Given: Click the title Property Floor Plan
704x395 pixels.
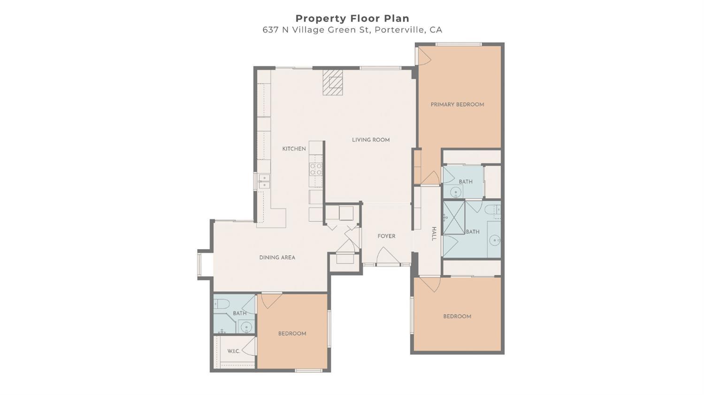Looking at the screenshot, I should coord(352,18).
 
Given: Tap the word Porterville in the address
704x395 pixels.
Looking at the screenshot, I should coord(399,30).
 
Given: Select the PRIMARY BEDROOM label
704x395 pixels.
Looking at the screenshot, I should coord(457,105).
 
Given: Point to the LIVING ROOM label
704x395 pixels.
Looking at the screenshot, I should coord(371,140).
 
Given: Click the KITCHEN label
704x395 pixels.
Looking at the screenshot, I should coord(294,149).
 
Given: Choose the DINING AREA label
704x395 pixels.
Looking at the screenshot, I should coord(277,258).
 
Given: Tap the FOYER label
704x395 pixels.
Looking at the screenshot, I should coord(386,236).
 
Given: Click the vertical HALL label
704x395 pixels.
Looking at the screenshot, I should coord(434,234).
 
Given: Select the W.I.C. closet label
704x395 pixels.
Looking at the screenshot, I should coord(233,351).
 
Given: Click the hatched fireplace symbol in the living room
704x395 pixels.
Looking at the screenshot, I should coord(332,83).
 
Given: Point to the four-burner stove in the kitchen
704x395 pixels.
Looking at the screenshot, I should coord(316,169).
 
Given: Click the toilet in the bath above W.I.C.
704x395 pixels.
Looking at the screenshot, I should coord(221,304).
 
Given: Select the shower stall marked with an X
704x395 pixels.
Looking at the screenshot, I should coord(454,217).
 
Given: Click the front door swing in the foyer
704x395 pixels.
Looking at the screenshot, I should coord(388,257).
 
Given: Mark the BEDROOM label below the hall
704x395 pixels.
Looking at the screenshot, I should coord(457,317).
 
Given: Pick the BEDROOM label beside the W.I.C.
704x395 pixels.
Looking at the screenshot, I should coord(292,334).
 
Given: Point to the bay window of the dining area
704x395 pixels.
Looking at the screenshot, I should coord(200,265).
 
